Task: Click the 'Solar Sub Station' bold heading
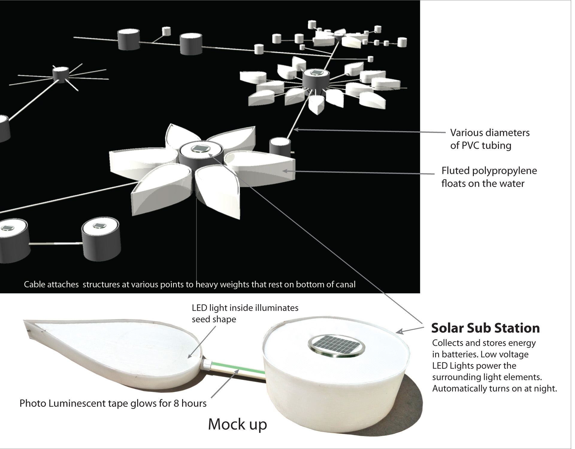pos(485,328)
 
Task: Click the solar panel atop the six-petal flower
pos(198,148)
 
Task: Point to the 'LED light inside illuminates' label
pos(245,308)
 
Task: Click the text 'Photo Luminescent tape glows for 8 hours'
pos(113,404)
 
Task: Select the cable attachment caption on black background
pos(190,284)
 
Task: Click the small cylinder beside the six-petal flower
pos(280,147)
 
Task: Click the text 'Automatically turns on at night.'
pos(494,389)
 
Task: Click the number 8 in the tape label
pos(176,404)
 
